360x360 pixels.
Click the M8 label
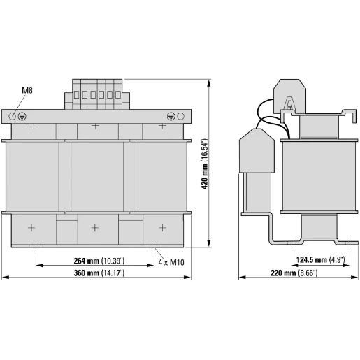[27, 91]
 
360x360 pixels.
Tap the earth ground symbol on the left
[22, 115]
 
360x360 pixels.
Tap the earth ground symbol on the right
[171, 115]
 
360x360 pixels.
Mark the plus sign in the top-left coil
[31, 127]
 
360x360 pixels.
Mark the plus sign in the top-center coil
[96, 127]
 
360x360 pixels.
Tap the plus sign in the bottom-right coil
[161, 227]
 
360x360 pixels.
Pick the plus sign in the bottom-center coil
[96, 227]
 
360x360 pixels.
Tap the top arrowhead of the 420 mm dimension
[210, 83]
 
